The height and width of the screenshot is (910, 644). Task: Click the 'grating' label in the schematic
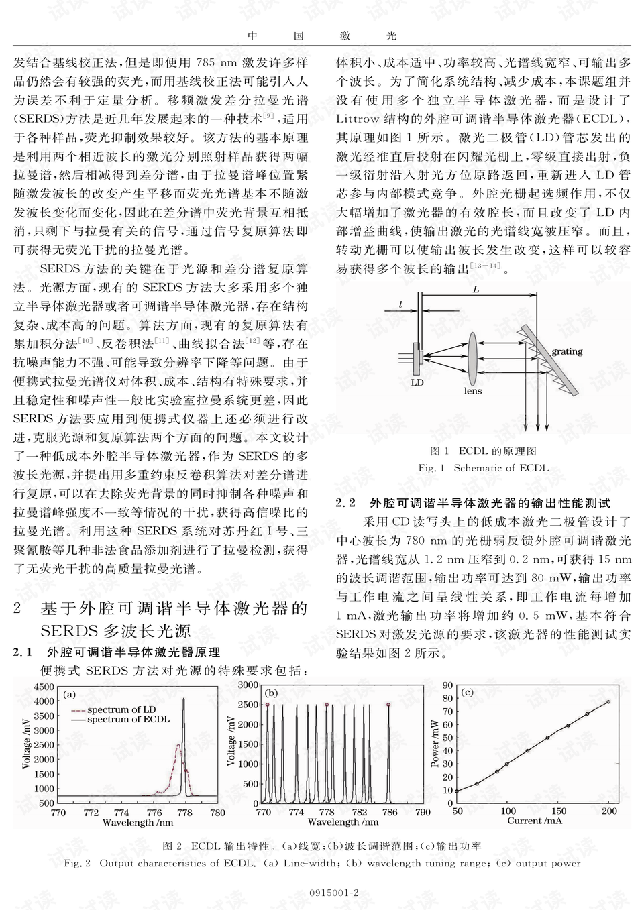pyautogui.click(x=567, y=351)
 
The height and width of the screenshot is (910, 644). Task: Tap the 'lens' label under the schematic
pyautogui.click(x=472, y=390)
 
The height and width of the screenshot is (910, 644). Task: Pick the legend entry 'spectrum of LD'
pyautogui.click(x=121, y=709)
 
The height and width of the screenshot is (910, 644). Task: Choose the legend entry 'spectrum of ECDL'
pyautogui.click(x=128, y=720)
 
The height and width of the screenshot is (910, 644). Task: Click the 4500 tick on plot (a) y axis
pyautogui.click(x=44, y=687)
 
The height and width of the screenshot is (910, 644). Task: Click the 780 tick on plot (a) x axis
pyautogui.click(x=217, y=813)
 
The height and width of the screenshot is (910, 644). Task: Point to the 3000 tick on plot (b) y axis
pyautogui.click(x=248, y=685)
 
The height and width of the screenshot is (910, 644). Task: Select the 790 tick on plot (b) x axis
pyautogui.click(x=423, y=813)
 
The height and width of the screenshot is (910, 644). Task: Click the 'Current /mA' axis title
pyautogui.click(x=534, y=821)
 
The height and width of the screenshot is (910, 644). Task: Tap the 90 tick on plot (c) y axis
pyautogui.click(x=447, y=685)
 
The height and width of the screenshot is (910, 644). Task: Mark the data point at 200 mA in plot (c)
pyautogui.click(x=608, y=702)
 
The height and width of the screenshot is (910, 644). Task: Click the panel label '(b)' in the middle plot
pyautogui.click(x=272, y=693)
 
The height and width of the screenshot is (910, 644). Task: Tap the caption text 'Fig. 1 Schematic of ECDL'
pyautogui.click(x=483, y=468)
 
